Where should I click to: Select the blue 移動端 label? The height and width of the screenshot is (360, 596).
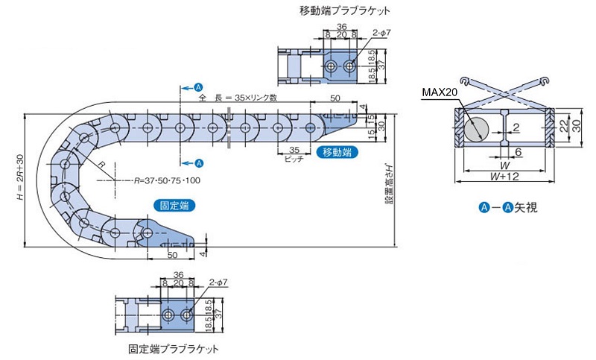[x=336, y=152]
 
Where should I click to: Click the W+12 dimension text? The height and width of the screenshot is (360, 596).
[x=504, y=176]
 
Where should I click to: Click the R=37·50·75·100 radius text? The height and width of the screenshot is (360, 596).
[x=168, y=180]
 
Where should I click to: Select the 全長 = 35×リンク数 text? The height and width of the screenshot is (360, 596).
[x=238, y=98]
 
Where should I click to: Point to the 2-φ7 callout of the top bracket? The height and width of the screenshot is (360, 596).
[x=381, y=34]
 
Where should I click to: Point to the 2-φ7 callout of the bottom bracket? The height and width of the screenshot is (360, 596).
[x=219, y=282]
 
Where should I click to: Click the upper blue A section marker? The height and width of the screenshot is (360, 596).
[x=199, y=87]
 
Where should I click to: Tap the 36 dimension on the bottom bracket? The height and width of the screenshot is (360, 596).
[x=178, y=275]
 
